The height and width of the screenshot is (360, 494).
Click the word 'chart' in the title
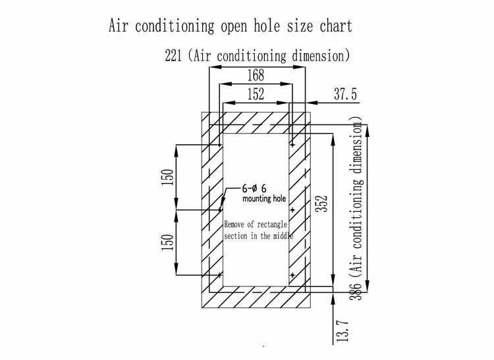[x=333, y=26]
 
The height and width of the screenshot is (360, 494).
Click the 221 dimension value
[x=174, y=55]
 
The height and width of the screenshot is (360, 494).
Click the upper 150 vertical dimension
[x=167, y=177]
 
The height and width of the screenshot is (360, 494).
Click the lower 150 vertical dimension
[x=167, y=242]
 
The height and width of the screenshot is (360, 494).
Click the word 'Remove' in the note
[x=236, y=224]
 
